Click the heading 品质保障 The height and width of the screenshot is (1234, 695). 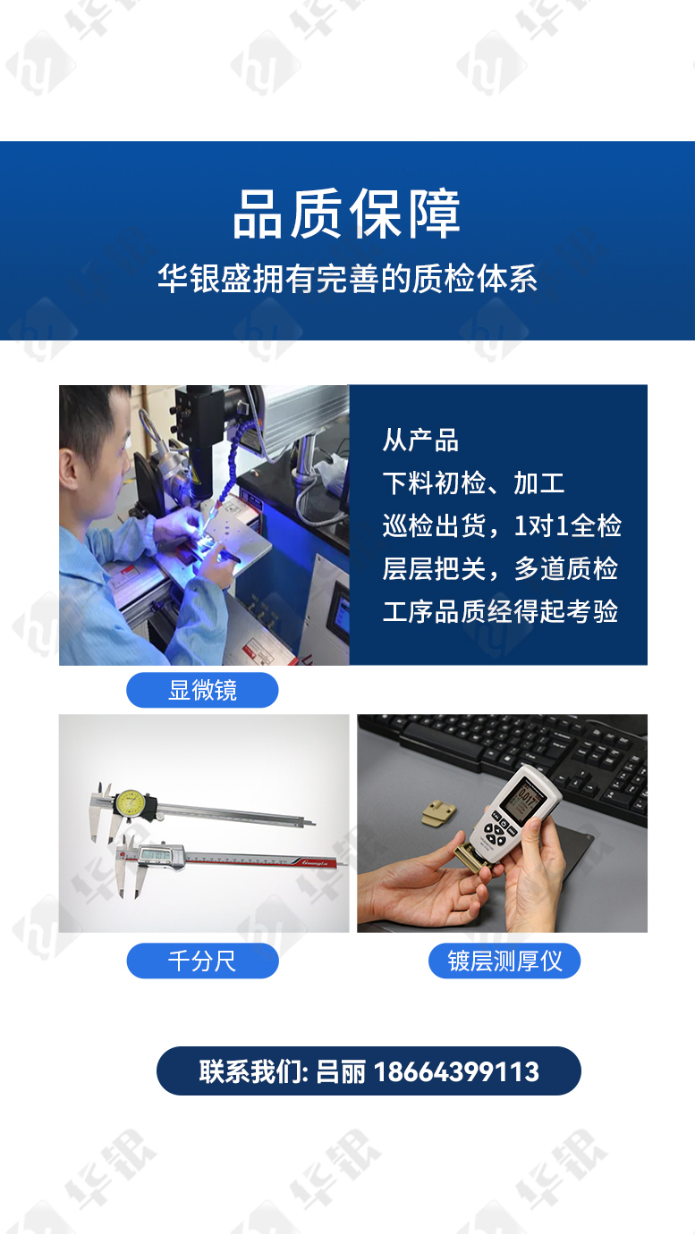tap(346, 214)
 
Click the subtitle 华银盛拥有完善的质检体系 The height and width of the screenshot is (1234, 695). tap(347, 278)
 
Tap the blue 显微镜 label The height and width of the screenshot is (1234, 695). tap(202, 690)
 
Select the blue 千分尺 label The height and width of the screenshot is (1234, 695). tap(202, 961)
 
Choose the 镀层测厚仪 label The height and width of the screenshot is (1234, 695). tap(504, 961)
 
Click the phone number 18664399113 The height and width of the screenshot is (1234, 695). tap(457, 1071)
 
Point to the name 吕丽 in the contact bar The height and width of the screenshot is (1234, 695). tap(340, 1071)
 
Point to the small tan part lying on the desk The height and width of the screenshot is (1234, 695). tap(439, 814)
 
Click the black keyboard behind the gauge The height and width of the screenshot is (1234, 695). tap(513, 749)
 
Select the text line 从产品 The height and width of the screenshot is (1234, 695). tap(420, 441)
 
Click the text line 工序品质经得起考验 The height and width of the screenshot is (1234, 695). tap(500, 611)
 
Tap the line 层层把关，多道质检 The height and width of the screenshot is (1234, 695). tap(500, 568)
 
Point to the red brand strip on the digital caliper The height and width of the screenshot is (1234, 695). tap(315, 862)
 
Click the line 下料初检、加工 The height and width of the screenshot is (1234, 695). tap(474, 483)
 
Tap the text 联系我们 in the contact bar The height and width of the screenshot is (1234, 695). tap(251, 1071)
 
